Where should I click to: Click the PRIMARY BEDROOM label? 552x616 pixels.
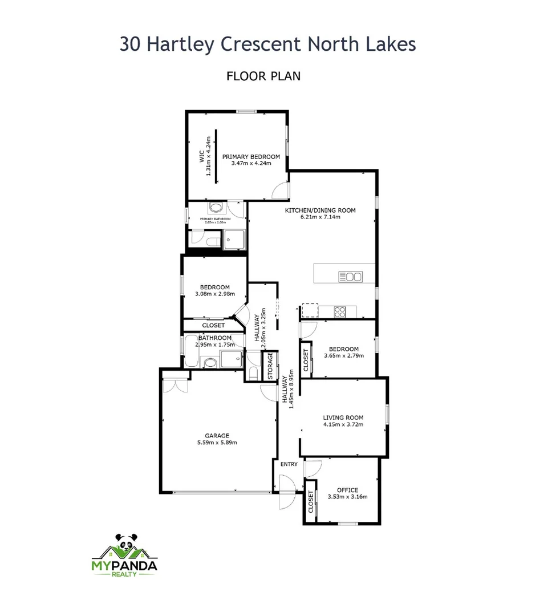pyautogui.click(x=251, y=157)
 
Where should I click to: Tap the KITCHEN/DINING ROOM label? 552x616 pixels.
pyautogui.click(x=320, y=210)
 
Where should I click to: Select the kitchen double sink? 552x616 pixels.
pyautogui.click(x=351, y=277)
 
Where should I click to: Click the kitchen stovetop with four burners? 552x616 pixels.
pyautogui.click(x=340, y=311)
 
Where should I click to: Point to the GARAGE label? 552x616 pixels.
pyautogui.click(x=217, y=435)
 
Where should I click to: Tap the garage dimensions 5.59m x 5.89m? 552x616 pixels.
pyautogui.click(x=217, y=442)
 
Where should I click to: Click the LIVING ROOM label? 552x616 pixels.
pyautogui.click(x=343, y=417)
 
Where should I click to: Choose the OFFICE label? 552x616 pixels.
pyautogui.click(x=347, y=490)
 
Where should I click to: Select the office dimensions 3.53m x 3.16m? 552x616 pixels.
pyautogui.click(x=347, y=497)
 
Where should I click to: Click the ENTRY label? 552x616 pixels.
pyautogui.click(x=289, y=464)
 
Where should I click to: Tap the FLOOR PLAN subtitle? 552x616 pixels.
pyautogui.click(x=263, y=75)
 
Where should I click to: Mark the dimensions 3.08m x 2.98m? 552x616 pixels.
pyautogui.click(x=214, y=294)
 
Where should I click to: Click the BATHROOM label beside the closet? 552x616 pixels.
pyautogui.click(x=215, y=338)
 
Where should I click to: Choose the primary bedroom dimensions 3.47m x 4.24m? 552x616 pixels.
pyautogui.click(x=251, y=164)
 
